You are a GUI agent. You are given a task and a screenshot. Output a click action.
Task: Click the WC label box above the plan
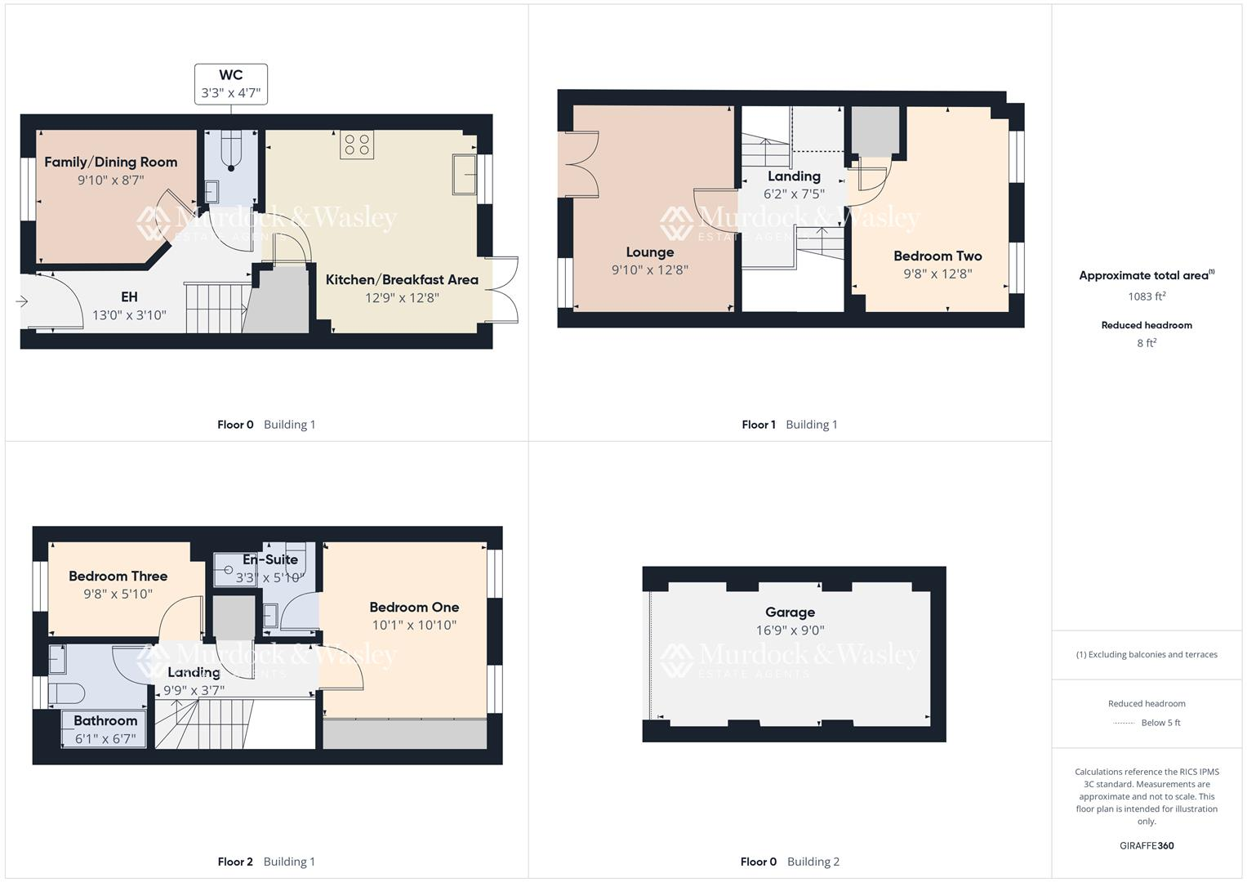click(x=231, y=84)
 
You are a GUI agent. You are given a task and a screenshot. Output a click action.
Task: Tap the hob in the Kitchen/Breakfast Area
click(x=357, y=145)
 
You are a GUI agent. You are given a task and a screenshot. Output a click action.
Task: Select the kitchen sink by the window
click(x=464, y=174)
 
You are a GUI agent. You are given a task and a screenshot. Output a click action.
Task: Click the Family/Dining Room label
click(x=111, y=162)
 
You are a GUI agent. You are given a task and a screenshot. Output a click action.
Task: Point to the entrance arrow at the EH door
click(x=22, y=302)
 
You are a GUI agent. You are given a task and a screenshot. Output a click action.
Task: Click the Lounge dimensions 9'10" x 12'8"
click(x=650, y=270)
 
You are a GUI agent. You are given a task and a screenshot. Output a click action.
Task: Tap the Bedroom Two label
click(x=937, y=256)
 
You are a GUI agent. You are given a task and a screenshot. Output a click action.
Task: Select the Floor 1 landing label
click(x=794, y=176)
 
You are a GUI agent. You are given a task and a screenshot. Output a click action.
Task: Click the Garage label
click(x=790, y=612)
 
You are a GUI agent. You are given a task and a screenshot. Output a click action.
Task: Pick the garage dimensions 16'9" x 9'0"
click(x=790, y=630)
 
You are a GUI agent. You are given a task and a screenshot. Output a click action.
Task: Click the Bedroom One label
click(x=414, y=607)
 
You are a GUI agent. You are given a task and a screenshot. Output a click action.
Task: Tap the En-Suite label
click(x=270, y=560)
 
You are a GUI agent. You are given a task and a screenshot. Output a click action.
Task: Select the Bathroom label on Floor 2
click(x=105, y=720)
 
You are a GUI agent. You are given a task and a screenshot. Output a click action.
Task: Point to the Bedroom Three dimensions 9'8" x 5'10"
click(x=118, y=595)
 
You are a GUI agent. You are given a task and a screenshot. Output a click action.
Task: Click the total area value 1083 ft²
click(x=1147, y=296)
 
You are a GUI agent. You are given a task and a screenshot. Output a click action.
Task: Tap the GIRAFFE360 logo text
click(x=1147, y=845)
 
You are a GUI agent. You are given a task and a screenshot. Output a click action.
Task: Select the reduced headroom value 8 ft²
click(x=1147, y=343)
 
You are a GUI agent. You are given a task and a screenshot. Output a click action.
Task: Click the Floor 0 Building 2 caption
click(x=790, y=862)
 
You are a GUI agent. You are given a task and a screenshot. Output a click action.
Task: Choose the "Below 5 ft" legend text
click(x=1160, y=723)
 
